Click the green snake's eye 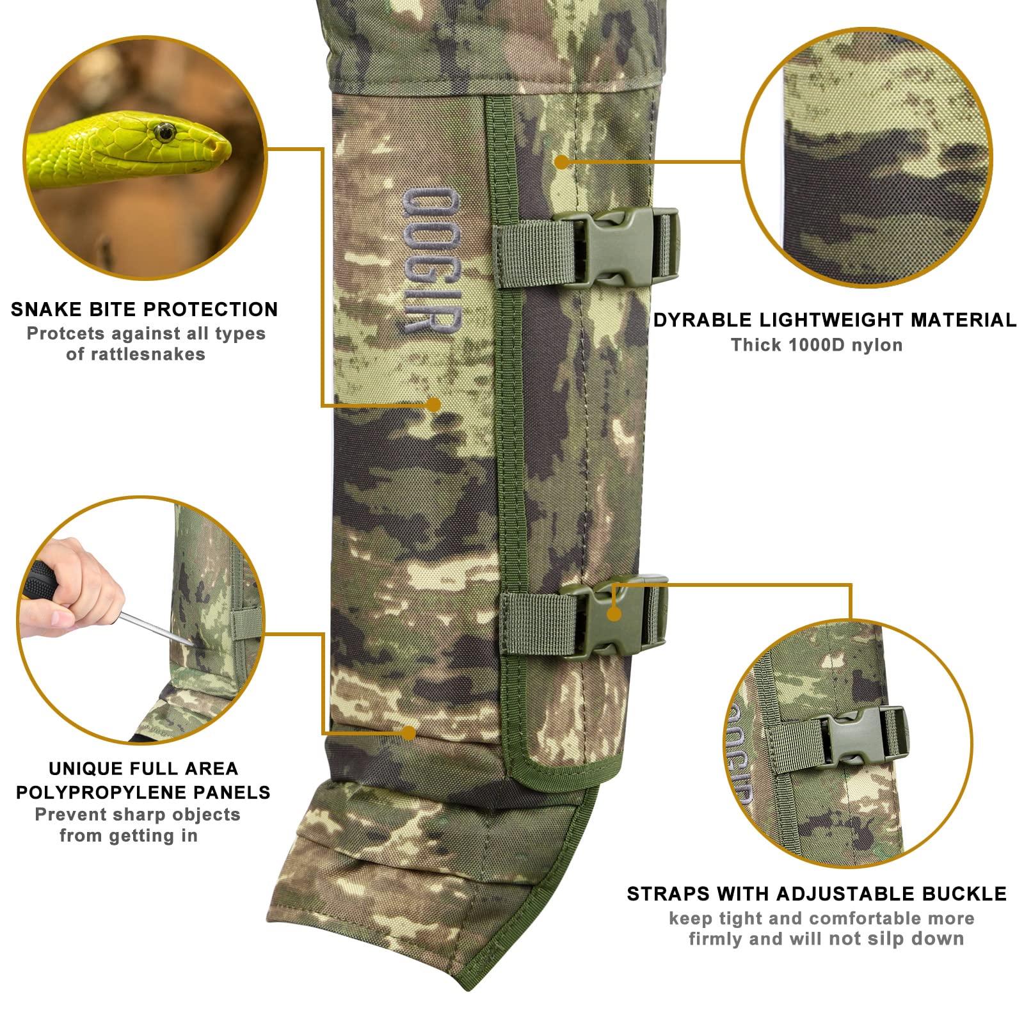164,132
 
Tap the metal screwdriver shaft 154,627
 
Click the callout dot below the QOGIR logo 433,404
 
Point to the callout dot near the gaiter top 561,162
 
